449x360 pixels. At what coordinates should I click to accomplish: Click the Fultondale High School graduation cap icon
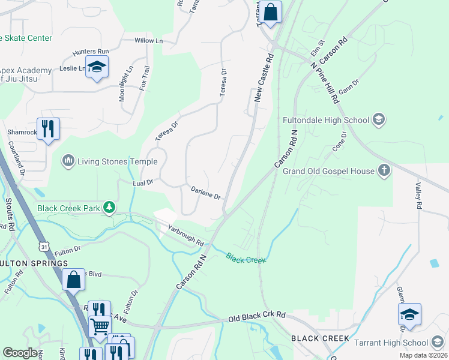tap(378, 120)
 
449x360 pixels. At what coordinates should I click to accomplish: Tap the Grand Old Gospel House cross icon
tap(384, 171)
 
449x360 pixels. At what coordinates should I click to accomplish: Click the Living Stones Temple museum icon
tap(68, 161)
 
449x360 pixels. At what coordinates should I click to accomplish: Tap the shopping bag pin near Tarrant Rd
tap(271, 12)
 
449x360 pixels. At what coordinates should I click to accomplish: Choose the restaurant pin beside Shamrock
tap(49, 129)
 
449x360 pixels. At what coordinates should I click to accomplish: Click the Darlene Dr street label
tap(206, 193)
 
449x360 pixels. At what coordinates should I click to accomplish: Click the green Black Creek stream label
tap(246, 257)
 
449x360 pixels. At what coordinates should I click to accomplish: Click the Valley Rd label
tap(417, 196)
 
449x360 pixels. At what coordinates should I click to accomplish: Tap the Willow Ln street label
tap(148, 41)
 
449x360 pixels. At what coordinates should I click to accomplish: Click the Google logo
tap(20, 353)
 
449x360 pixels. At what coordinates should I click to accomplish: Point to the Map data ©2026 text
tap(423, 355)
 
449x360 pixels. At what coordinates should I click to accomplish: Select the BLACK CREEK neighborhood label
tap(320, 338)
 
